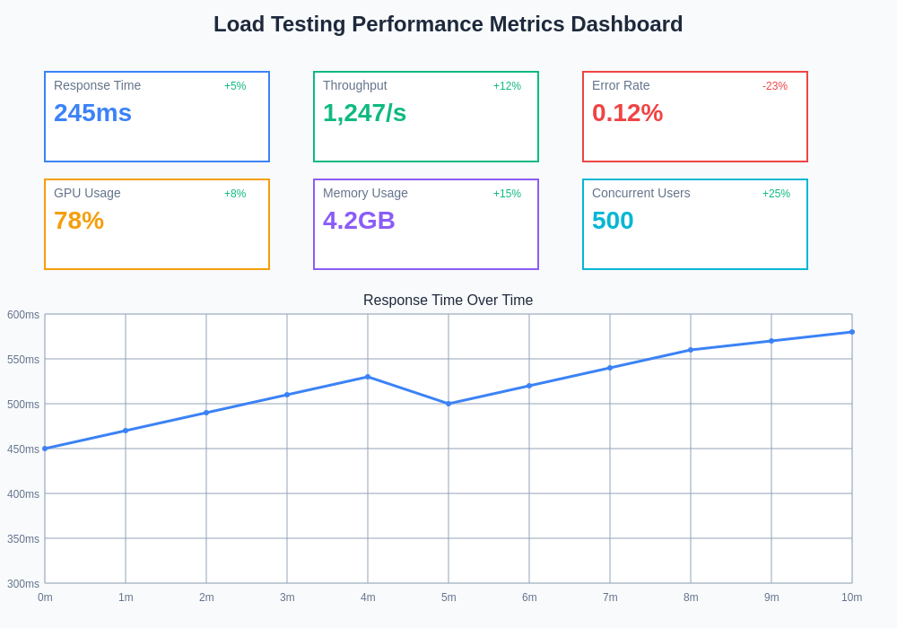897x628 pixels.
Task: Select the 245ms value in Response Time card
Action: [x=92, y=113]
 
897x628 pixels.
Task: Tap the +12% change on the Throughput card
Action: [x=507, y=86]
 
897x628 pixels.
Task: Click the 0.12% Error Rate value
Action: [x=627, y=113]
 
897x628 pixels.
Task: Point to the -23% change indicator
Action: [x=775, y=86]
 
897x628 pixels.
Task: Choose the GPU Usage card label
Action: [x=87, y=193]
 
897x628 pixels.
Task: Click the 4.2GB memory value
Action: [x=359, y=221]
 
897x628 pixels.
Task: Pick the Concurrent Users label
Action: [x=641, y=193]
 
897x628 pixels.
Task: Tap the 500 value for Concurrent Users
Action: [x=613, y=221]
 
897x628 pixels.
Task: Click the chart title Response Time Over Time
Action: [x=448, y=301]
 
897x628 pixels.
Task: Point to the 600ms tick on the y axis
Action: [x=23, y=315]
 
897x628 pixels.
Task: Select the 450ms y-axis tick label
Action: [x=23, y=449]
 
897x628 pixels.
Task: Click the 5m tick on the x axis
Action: [x=448, y=597]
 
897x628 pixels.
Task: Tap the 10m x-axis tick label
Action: [x=851, y=597]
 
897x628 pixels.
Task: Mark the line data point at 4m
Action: [x=368, y=377]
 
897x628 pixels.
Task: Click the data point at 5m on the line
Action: [x=448, y=404]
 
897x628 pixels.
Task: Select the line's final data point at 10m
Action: [x=852, y=332]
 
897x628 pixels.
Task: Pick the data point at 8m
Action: [x=691, y=350]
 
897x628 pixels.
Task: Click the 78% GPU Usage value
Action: [x=79, y=221]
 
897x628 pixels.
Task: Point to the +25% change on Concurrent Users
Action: [x=776, y=194]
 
